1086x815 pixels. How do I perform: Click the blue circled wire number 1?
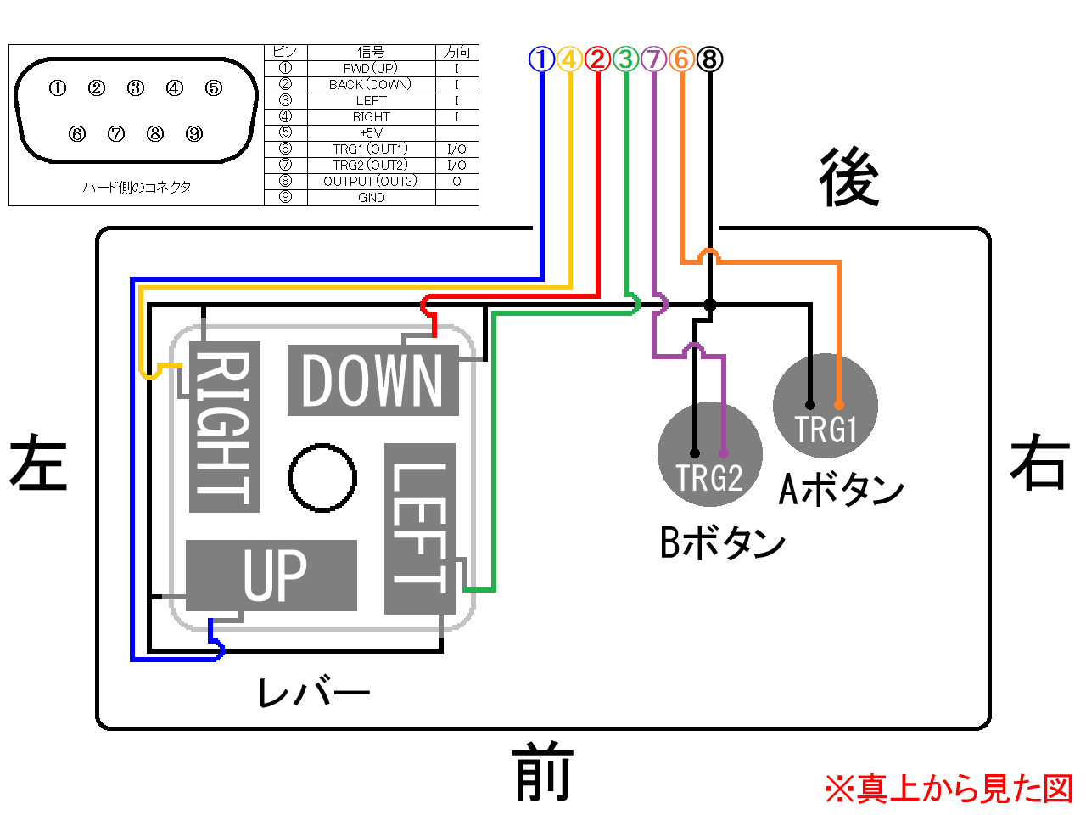tap(541, 59)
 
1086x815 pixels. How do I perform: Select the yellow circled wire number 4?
tap(569, 59)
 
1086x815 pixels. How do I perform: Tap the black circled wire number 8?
tap(709, 59)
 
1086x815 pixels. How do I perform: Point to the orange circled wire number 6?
tap(681, 59)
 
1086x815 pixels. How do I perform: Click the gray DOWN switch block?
tap(373, 380)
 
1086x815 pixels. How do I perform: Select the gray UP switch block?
tap(271, 576)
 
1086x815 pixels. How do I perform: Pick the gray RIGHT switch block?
tap(225, 426)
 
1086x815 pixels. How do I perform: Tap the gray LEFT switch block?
tap(420, 529)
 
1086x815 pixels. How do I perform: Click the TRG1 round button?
tap(826, 406)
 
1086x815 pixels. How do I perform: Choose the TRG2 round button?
tap(709, 454)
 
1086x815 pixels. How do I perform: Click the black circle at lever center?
tap(322, 477)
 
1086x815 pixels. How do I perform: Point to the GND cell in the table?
tap(372, 198)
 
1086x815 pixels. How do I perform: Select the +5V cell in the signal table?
tap(372, 132)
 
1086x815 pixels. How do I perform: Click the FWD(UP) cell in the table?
tap(372, 68)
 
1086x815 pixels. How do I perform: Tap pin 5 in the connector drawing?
tap(214, 88)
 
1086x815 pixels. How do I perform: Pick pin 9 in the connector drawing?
tap(194, 133)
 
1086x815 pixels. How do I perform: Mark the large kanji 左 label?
tap(38, 462)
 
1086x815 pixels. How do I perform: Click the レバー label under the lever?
tap(314, 691)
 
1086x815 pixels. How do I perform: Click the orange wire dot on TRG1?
tap(838, 405)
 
